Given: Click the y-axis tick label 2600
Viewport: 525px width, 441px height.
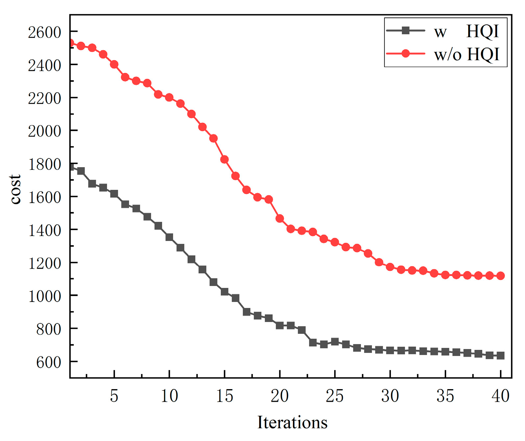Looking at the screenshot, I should coord(44,33).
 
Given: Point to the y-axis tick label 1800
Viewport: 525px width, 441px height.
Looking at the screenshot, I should coord(44,164).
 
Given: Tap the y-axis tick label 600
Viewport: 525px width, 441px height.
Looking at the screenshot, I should coord(48,362).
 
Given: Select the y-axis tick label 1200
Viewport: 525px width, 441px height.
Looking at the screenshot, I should coord(44,263).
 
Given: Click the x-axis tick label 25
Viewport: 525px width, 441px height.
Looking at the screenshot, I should coord(334,396).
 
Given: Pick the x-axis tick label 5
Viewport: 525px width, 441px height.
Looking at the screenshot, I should coord(114,396).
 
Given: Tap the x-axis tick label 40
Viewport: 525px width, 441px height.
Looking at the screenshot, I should coord(500,396).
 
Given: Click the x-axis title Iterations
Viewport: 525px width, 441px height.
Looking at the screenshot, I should coord(292,422).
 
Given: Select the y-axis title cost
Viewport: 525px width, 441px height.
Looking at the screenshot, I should coord(15,190).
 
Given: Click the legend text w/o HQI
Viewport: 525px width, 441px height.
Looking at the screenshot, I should coord(466,54).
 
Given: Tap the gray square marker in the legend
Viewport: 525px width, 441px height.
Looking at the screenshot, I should coord(406,31).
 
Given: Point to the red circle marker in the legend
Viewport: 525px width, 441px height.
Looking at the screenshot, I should coord(406,54).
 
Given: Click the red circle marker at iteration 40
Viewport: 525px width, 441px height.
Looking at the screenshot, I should coord(500,276).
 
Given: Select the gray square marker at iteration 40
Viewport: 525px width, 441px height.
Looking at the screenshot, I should coord(500,356).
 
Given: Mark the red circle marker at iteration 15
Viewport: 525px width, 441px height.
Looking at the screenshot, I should coord(224,159).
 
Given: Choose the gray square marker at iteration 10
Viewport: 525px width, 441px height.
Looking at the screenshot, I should coord(169,237).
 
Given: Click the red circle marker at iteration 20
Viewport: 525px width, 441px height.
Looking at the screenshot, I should coord(280,219).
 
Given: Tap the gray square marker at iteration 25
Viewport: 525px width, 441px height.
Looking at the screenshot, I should coord(335,342).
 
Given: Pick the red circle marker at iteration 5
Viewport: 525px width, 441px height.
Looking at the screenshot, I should coord(114,64).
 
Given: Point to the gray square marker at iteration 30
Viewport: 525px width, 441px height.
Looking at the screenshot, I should coord(390,351).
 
